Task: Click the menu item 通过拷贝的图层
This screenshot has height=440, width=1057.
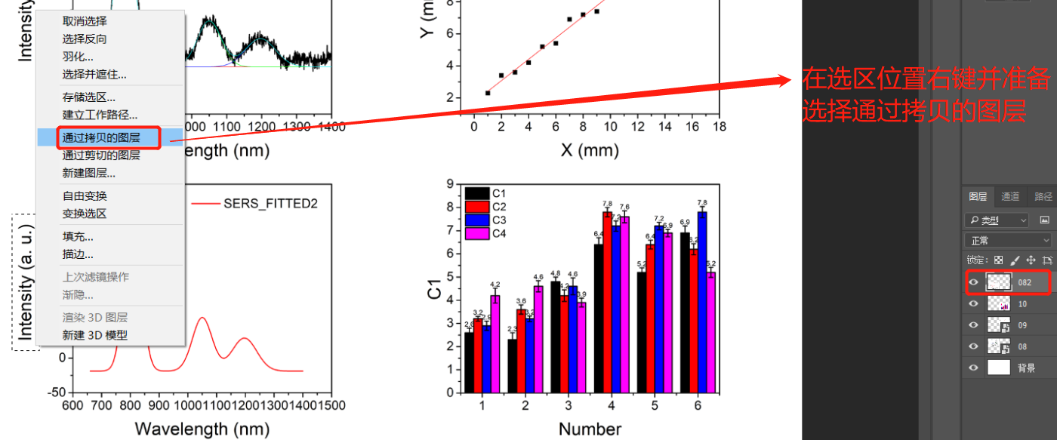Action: (111, 137)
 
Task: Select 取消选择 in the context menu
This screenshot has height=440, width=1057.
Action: (84, 21)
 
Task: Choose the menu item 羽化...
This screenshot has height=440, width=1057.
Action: (78, 57)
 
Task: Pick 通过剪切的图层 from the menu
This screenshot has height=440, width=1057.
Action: (100, 155)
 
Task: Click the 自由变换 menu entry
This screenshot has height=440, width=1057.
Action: (84, 196)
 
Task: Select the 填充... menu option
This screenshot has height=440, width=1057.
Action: (78, 237)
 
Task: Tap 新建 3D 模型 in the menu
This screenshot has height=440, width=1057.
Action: (94, 336)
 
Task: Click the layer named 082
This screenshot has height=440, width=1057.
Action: (1024, 282)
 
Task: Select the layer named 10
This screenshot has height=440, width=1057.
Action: (1022, 304)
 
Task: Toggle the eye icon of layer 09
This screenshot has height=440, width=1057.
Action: (973, 325)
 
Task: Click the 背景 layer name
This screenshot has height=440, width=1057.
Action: (1026, 368)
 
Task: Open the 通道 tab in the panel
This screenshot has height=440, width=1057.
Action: (1009, 197)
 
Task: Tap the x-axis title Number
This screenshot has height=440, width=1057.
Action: (590, 429)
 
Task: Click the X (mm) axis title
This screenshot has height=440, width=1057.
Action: (590, 150)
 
